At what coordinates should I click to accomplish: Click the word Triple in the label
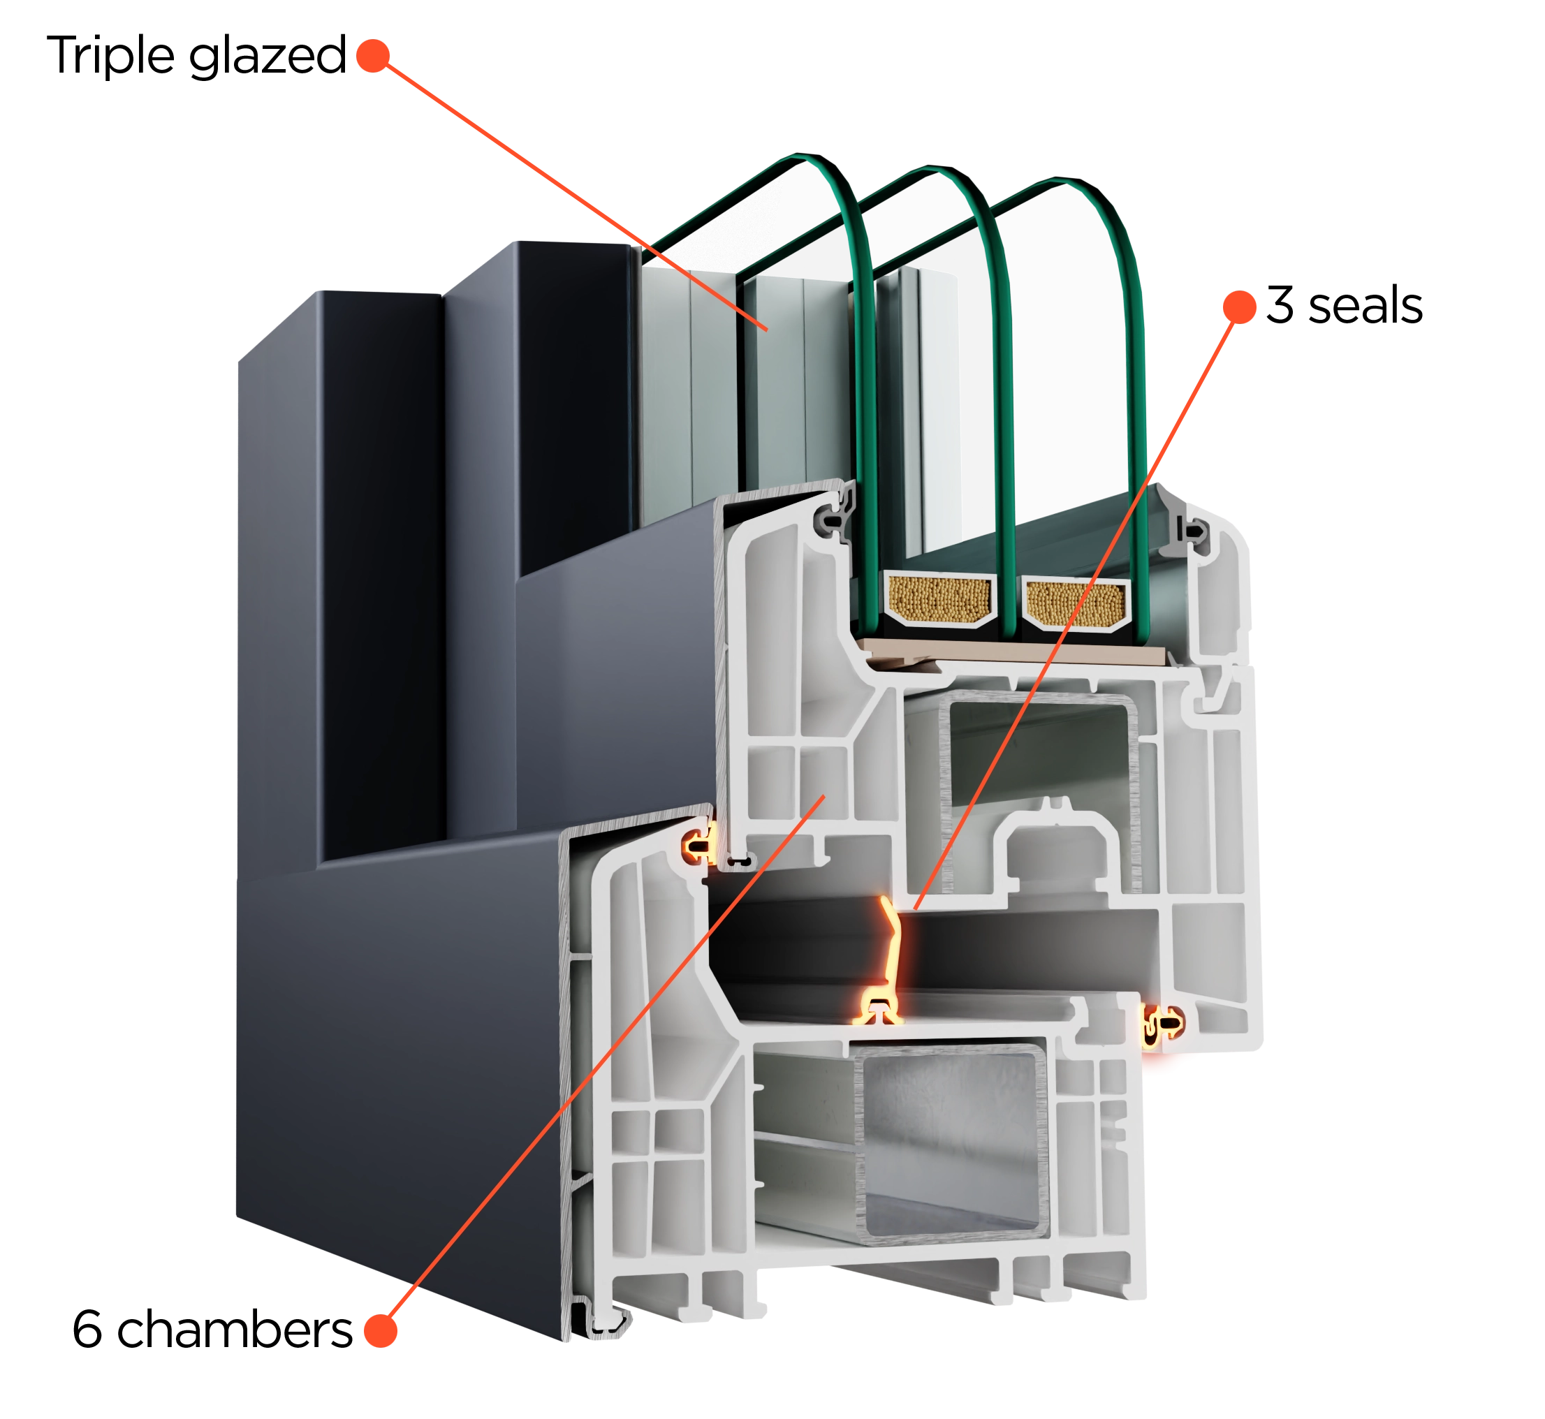[111, 55]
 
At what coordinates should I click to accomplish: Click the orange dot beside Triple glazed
[373, 56]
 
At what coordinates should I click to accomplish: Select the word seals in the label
[1365, 306]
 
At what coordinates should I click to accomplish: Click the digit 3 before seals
[1280, 305]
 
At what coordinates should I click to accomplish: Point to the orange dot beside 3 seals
[1239, 307]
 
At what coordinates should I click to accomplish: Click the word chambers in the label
[234, 1330]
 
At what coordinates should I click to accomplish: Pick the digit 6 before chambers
[87, 1330]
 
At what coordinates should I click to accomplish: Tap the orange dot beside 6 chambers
[380, 1331]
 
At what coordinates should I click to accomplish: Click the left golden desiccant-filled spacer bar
[939, 600]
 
